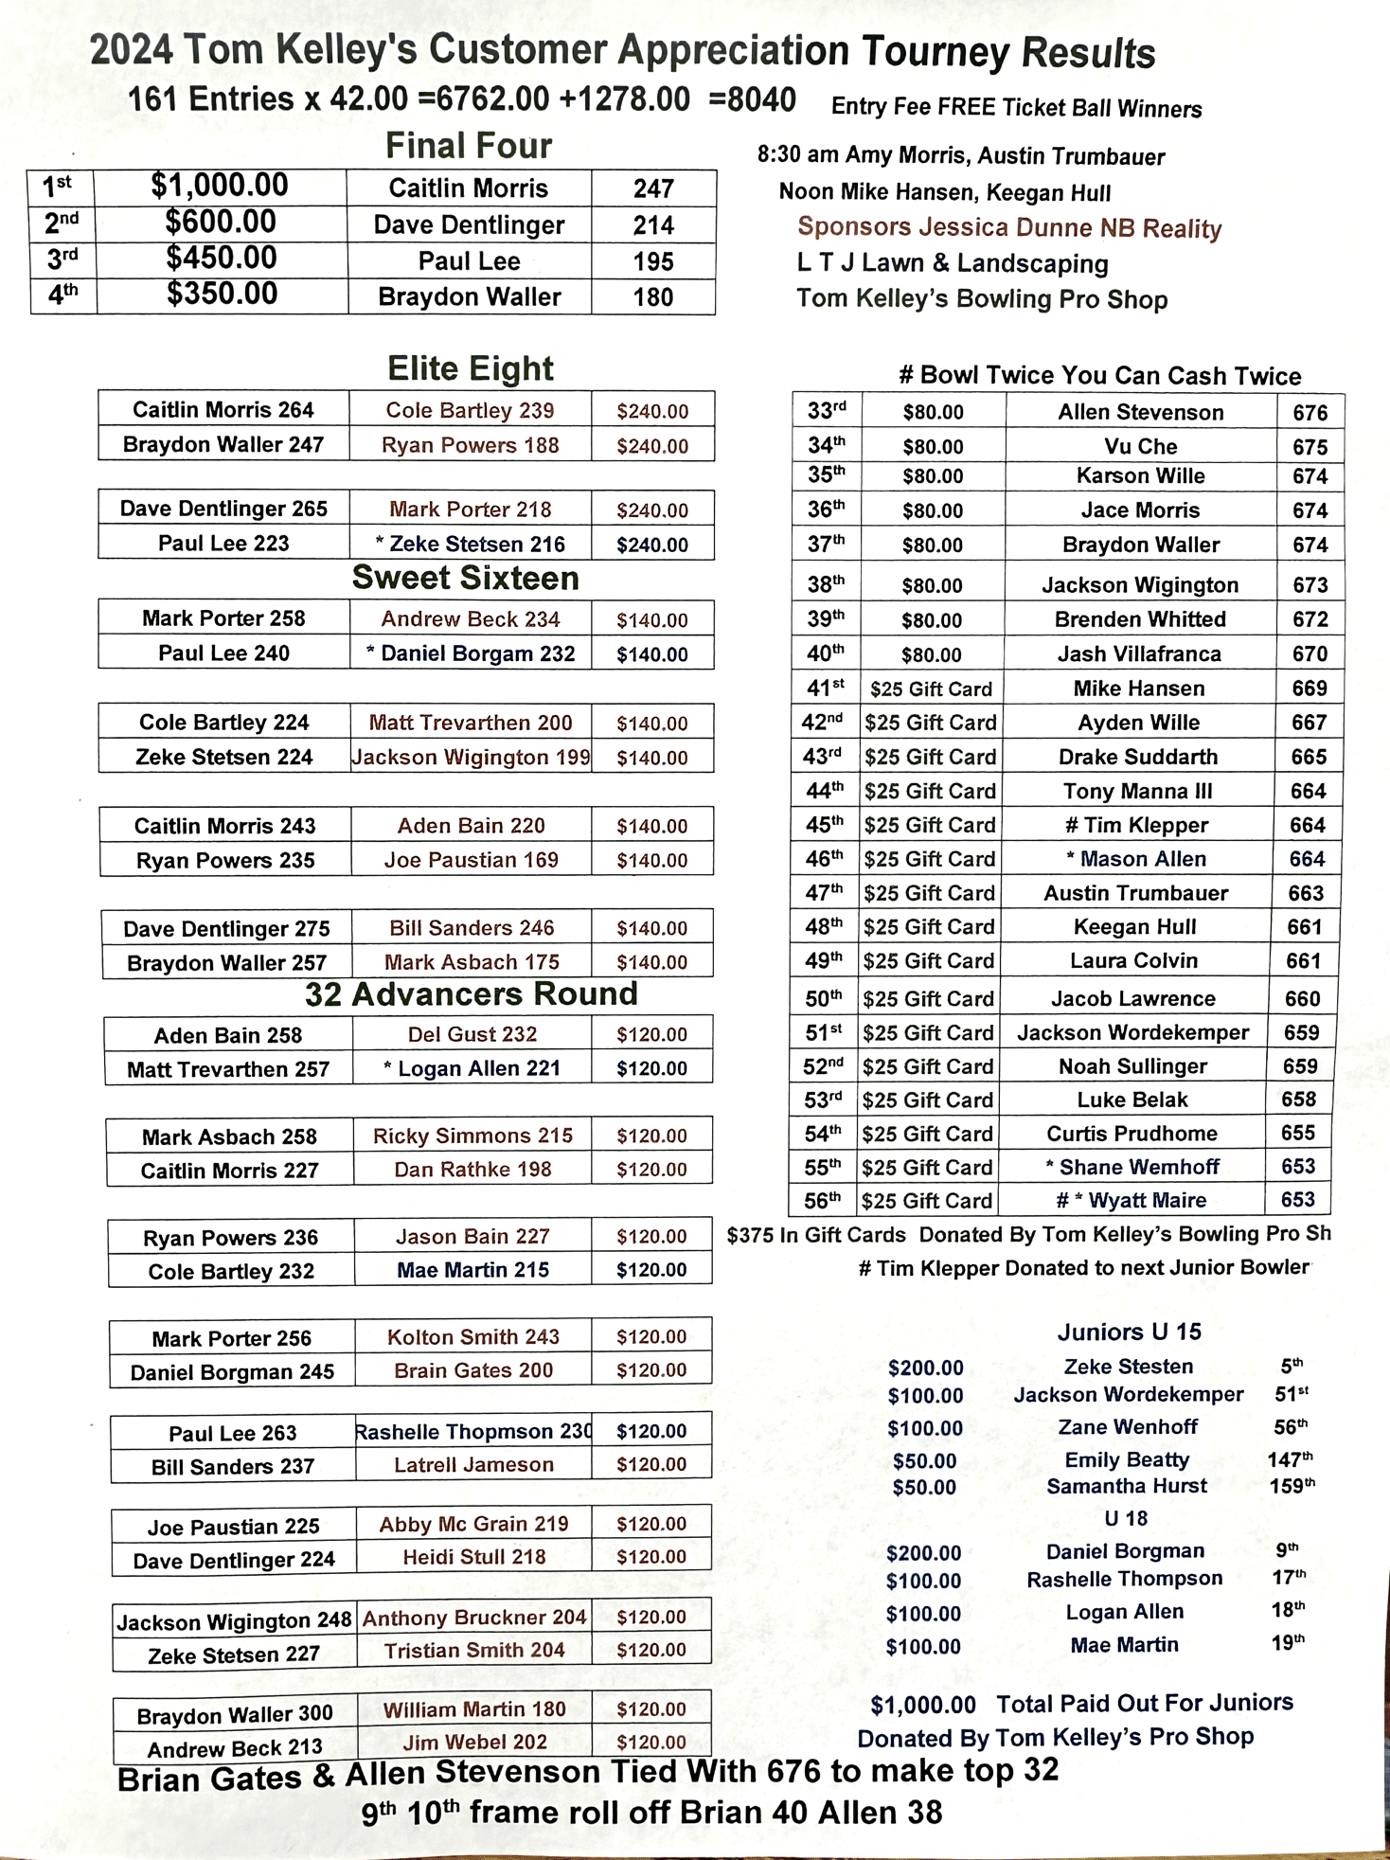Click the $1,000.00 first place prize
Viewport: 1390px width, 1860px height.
pos(220,186)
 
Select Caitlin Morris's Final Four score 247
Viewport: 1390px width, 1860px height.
pos(653,188)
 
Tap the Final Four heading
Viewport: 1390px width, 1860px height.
pos(469,146)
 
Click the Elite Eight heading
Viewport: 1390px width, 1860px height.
pos(471,368)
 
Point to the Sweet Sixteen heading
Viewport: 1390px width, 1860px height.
pos(465,578)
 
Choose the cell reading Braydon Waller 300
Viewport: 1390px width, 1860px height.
pos(235,1714)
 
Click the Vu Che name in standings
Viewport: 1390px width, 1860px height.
pos(1140,446)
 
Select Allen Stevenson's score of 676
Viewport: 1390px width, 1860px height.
pos(1310,412)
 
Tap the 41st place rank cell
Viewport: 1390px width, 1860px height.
pos(825,688)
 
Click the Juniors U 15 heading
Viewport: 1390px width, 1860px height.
pos(1129,1332)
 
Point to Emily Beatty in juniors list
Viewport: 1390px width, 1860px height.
pos(1126,1459)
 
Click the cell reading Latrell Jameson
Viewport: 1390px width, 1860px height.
pos(473,1464)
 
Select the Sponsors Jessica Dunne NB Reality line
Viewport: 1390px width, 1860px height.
pos(1009,227)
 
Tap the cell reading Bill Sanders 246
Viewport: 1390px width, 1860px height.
pos(472,927)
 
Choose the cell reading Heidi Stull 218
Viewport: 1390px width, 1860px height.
pos(473,1556)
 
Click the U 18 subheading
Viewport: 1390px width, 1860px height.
pos(1126,1518)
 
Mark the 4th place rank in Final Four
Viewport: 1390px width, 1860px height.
pos(62,295)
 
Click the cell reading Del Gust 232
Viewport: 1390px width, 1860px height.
pos(472,1034)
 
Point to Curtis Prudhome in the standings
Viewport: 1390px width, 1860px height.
pos(1132,1134)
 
